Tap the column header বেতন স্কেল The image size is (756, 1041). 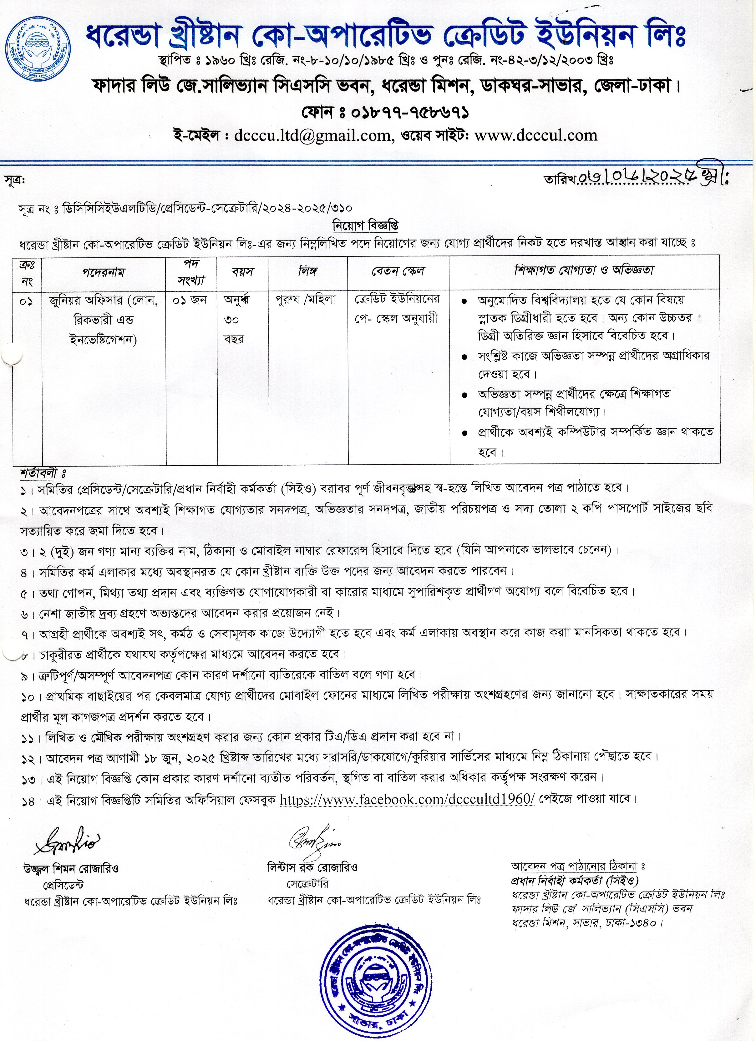398,271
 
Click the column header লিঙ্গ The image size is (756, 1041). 307,271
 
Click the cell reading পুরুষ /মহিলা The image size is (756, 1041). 305,300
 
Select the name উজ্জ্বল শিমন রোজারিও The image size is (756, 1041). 71,869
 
